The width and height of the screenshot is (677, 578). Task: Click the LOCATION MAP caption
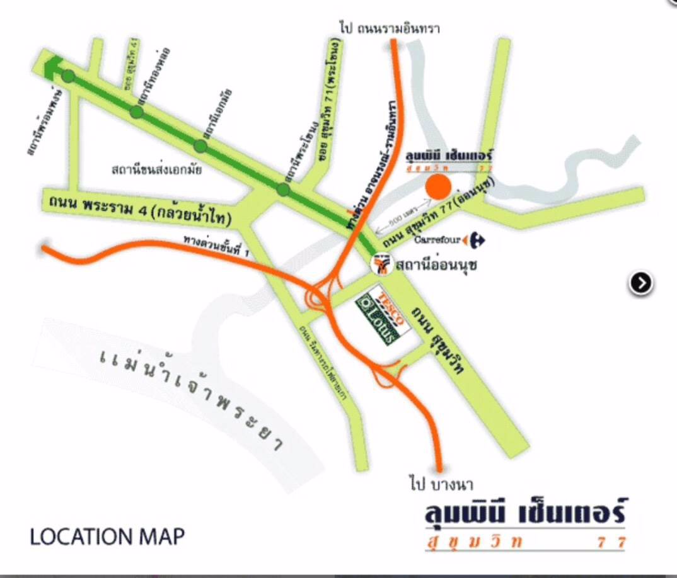point(107,537)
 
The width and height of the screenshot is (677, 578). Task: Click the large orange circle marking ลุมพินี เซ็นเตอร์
point(437,187)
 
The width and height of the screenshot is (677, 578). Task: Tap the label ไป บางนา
point(441,485)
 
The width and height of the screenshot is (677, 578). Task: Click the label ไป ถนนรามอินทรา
point(389,28)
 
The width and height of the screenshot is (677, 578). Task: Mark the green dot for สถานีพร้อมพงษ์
point(68,77)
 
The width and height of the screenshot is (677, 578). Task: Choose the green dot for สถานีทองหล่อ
point(136,112)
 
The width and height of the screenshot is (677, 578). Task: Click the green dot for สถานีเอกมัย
point(200,146)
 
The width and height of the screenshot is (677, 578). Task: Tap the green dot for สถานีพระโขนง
point(283,189)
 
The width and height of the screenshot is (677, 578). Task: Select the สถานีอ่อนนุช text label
point(436,265)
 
